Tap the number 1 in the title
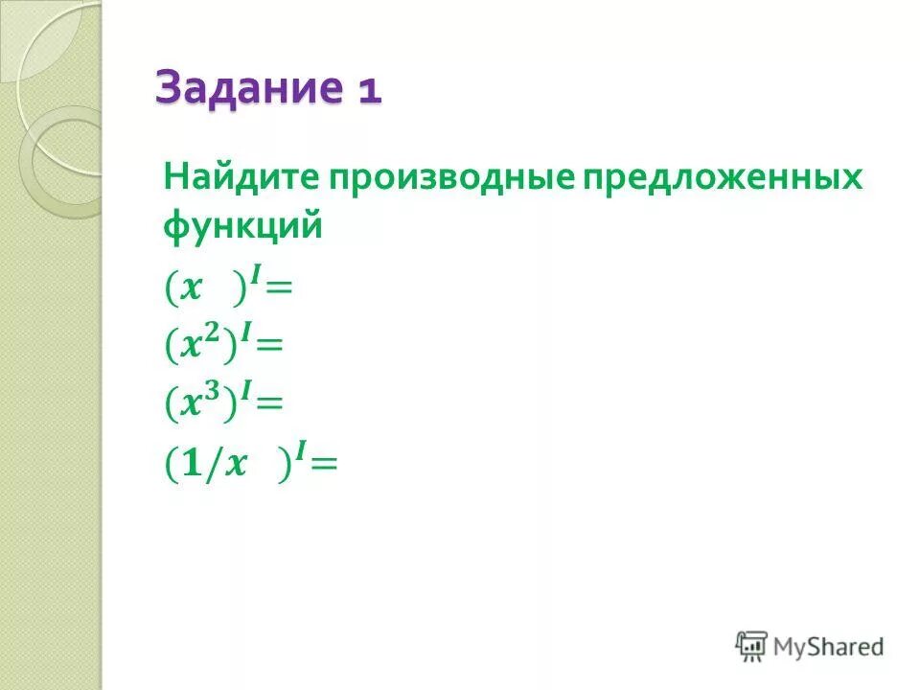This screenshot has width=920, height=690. (x=370, y=91)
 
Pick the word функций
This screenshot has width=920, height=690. (x=241, y=227)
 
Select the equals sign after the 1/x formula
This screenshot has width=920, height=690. (x=324, y=464)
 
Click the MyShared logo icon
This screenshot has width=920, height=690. (x=751, y=645)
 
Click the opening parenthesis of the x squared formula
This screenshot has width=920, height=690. (x=172, y=345)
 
